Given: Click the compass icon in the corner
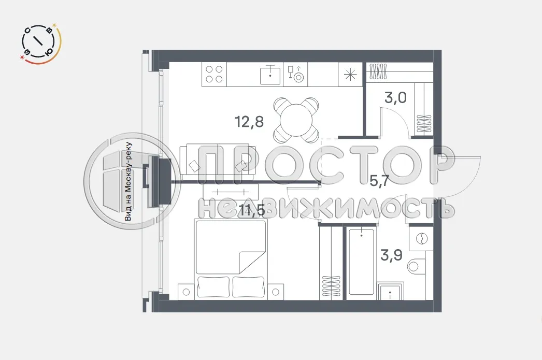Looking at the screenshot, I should [41, 45].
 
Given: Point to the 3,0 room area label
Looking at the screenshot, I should [395, 98].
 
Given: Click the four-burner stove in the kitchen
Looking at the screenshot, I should [214, 74].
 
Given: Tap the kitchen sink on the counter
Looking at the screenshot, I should [269, 74].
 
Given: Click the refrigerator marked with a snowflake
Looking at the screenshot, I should [350, 74].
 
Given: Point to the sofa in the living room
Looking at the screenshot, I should [218, 163].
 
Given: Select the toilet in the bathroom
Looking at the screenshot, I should [418, 267].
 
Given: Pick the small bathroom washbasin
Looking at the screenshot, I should [390, 293].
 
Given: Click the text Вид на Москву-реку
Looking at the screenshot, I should [129, 182].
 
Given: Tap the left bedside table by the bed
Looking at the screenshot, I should [186, 291].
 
